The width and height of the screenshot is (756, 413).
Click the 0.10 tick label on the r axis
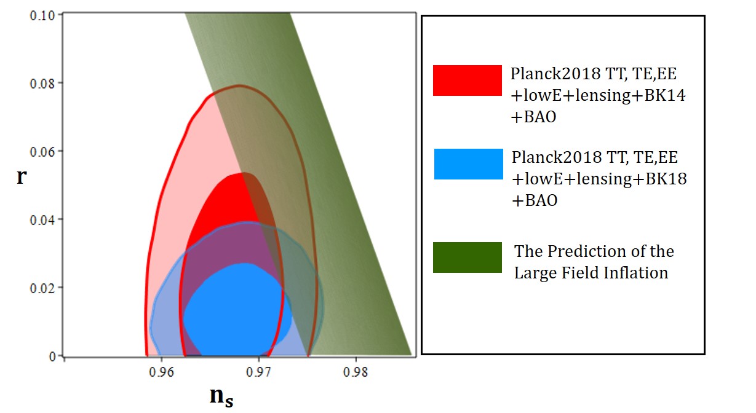[x=42, y=15]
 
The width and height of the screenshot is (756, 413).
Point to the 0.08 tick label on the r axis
[x=42, y=84]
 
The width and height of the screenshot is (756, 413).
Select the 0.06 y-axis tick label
[x=42, y=152]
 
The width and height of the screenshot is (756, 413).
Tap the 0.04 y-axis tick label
[x=42, y=220]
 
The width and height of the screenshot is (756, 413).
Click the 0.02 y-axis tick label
[x=42, y=288]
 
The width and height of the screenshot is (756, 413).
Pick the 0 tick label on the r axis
[x=52, y=356]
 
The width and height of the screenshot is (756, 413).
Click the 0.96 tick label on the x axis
[x=161, y=372]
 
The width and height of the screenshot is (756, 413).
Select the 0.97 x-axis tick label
[x=258, y=372]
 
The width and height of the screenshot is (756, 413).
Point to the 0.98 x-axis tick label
[x=356, y=372]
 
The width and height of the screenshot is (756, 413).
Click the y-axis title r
[x=22, y=176]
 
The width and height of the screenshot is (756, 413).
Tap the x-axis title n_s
[x=221, y=396]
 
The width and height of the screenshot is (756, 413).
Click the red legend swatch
[x=468, y=81]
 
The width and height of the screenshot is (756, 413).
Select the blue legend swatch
[x=469, y=164]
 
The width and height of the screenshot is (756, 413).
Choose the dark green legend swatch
[x=468, y=258]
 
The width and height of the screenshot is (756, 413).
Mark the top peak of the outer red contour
[x=239, y=85]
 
